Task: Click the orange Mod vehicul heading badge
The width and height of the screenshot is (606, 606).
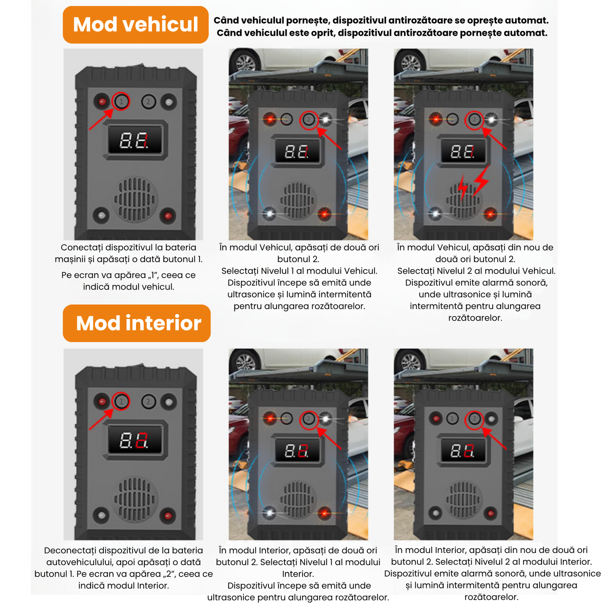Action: coord(136,24)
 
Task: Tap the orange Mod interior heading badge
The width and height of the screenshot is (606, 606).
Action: coord(136,323)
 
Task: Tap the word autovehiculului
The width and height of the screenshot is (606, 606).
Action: coord(82,562)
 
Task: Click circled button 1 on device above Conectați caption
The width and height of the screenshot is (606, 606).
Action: coord(121,101)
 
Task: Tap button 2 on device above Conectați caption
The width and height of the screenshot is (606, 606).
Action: coord(149,101)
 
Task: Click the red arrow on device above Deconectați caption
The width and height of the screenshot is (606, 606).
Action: coord(101,419)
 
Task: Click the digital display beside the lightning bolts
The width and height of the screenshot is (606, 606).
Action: coord(462,151)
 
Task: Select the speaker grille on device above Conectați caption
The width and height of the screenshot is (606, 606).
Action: coord(135,199)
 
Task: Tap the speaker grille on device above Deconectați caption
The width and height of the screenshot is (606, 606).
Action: coord(135,500)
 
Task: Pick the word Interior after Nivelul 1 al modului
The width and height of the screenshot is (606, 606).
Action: coord(298,574)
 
